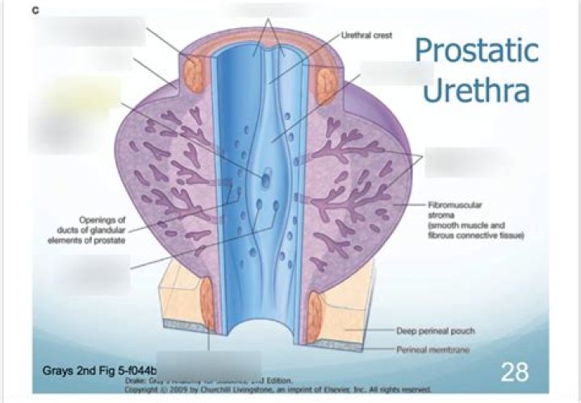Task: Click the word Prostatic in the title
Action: click(475, 50)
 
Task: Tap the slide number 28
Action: click(514, 372)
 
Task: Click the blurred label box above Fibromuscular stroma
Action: click(457, 161)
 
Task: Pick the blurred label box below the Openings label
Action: click(93, 274)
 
